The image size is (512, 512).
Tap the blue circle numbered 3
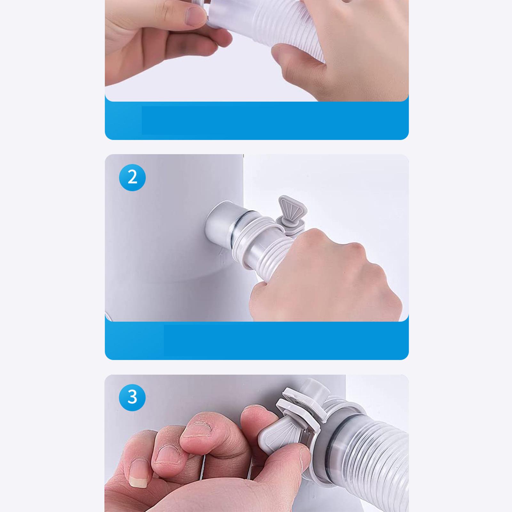click(x=132, y=397)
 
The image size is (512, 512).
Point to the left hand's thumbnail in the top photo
click(x=196, y=14)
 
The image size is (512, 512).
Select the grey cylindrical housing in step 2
click(x=173, y=243)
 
